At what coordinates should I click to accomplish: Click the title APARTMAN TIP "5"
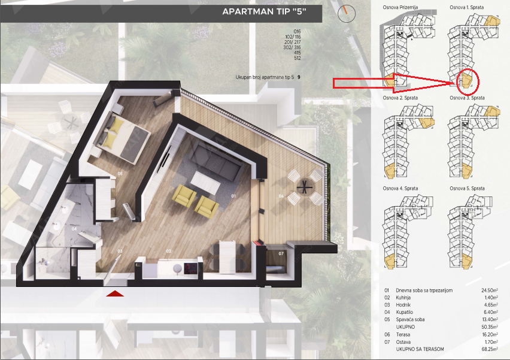tap(264, 12)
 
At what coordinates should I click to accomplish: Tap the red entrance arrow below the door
tap(115, 294)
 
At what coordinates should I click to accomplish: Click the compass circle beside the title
tap(347, 13)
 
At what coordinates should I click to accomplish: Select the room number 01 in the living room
tap(233, 196)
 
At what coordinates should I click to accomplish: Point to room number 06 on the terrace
tap(281, 196)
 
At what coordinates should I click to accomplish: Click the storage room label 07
tap(281, 253)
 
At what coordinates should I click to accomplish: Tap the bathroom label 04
tap(74, 229)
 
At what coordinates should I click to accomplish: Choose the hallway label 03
tap(120, 252)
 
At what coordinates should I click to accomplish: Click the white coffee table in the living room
tap(205, 183)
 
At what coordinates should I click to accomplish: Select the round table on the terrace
tap(305, 187)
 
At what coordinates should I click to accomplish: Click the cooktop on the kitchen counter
tap(190, 268)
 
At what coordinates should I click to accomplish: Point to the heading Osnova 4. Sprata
tap(400, 189)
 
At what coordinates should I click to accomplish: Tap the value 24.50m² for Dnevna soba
tap(490, 291)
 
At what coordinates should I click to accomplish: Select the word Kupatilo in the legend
tap(404, 312)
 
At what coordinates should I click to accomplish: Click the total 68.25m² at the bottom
tap(490, 349)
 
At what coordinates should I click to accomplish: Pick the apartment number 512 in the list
tap(297, 58)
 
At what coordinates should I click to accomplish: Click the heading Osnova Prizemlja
tap(400, 7)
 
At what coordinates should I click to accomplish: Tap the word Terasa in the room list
tap(403, 334)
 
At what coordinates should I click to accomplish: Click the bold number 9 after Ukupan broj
tap(299, 77)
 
